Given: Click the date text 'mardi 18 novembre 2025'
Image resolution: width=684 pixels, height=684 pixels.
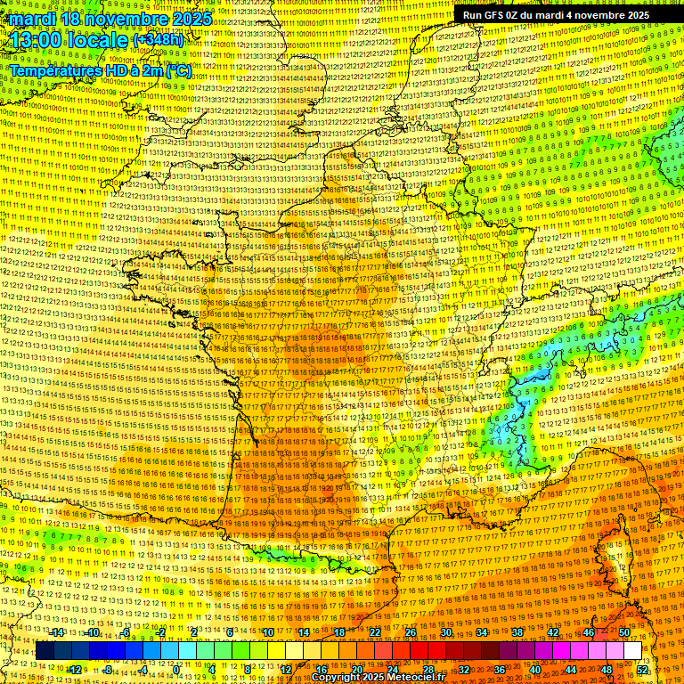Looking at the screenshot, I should pyautogui.click(x=110, y=19).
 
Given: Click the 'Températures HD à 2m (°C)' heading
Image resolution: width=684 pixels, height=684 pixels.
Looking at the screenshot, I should pyautogui.click(x=100, y=69).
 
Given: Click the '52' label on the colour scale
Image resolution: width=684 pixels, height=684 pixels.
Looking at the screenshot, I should pyautogui.click(x=642, y=669).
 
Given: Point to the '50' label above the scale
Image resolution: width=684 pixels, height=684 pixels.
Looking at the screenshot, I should pyautogui.click(x=623, y=632).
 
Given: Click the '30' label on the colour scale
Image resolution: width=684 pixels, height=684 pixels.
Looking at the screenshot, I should pyautogui.click(x=446, y=632).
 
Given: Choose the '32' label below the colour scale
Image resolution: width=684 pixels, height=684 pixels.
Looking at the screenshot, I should pyautogui.click(x=464, y=669).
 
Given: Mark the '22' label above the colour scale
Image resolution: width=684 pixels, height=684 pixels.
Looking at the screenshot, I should pyautogui.click(x=375, y=632).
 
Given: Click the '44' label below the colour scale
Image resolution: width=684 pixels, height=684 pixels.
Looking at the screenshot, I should pyautogui.click(x=571, y=669).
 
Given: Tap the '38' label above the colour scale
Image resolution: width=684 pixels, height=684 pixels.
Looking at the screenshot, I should pyautogui.click(x=517, y=632).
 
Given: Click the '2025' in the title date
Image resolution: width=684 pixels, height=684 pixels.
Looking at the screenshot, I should pyautogui.click(x=191, y=19).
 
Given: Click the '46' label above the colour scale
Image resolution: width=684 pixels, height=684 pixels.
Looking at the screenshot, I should pyautogui.click(x=588, y=632).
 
